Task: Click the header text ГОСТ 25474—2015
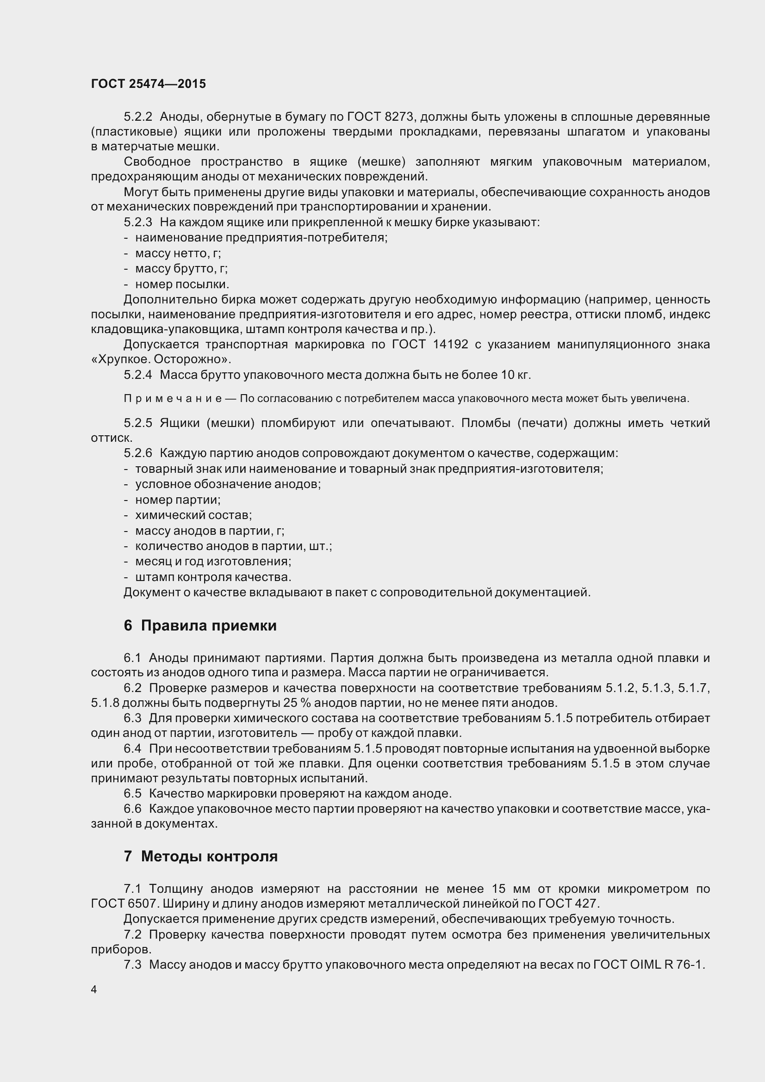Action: click(x=149, y=84)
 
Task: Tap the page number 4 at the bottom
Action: click(x=94, y=989)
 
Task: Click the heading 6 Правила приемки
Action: click(x=200, y=625)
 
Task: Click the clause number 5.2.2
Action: click(x=138, y=117)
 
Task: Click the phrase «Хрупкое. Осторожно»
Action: click(x=161, y=359)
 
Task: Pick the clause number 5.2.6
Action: click(x=138, y=453)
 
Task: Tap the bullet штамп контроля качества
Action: click(x=213, y=577)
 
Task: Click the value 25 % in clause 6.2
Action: click(x=297, y=703)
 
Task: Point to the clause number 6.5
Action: click(x=132, y=793)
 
